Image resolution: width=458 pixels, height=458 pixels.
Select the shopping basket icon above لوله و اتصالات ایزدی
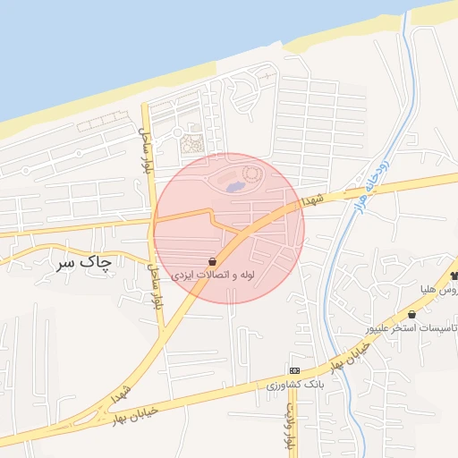point(212,261)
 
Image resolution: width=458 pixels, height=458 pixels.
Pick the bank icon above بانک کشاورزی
point(294,371)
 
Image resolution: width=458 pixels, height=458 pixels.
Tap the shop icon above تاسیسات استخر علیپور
point(411,315)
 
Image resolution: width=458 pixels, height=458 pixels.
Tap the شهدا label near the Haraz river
point(312,198)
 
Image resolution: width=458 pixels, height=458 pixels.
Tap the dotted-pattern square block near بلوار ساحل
point(191,142)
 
